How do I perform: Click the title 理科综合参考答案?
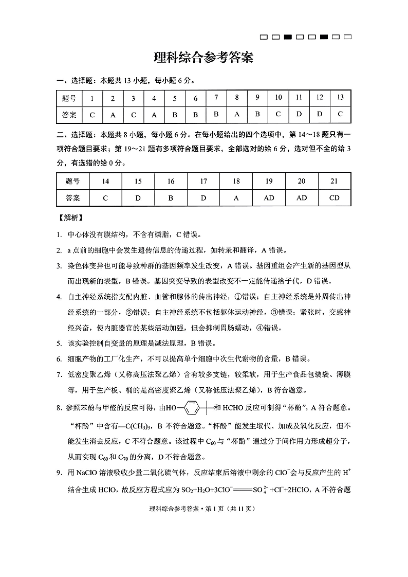click(x=203, y=58)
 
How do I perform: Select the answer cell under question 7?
click(x=216, y=114)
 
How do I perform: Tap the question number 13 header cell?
click(x=340, y=98)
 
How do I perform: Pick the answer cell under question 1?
click(x=92, y=115)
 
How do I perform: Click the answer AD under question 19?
click(x=269, y=197)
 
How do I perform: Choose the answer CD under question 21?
click(x=335, y=197)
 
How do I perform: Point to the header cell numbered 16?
click(x=171, y=181)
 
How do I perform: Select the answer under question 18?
click(x=236, y=197)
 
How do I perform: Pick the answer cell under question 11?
click(x=299, y=114)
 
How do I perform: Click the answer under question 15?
click(x=138, y=197)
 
